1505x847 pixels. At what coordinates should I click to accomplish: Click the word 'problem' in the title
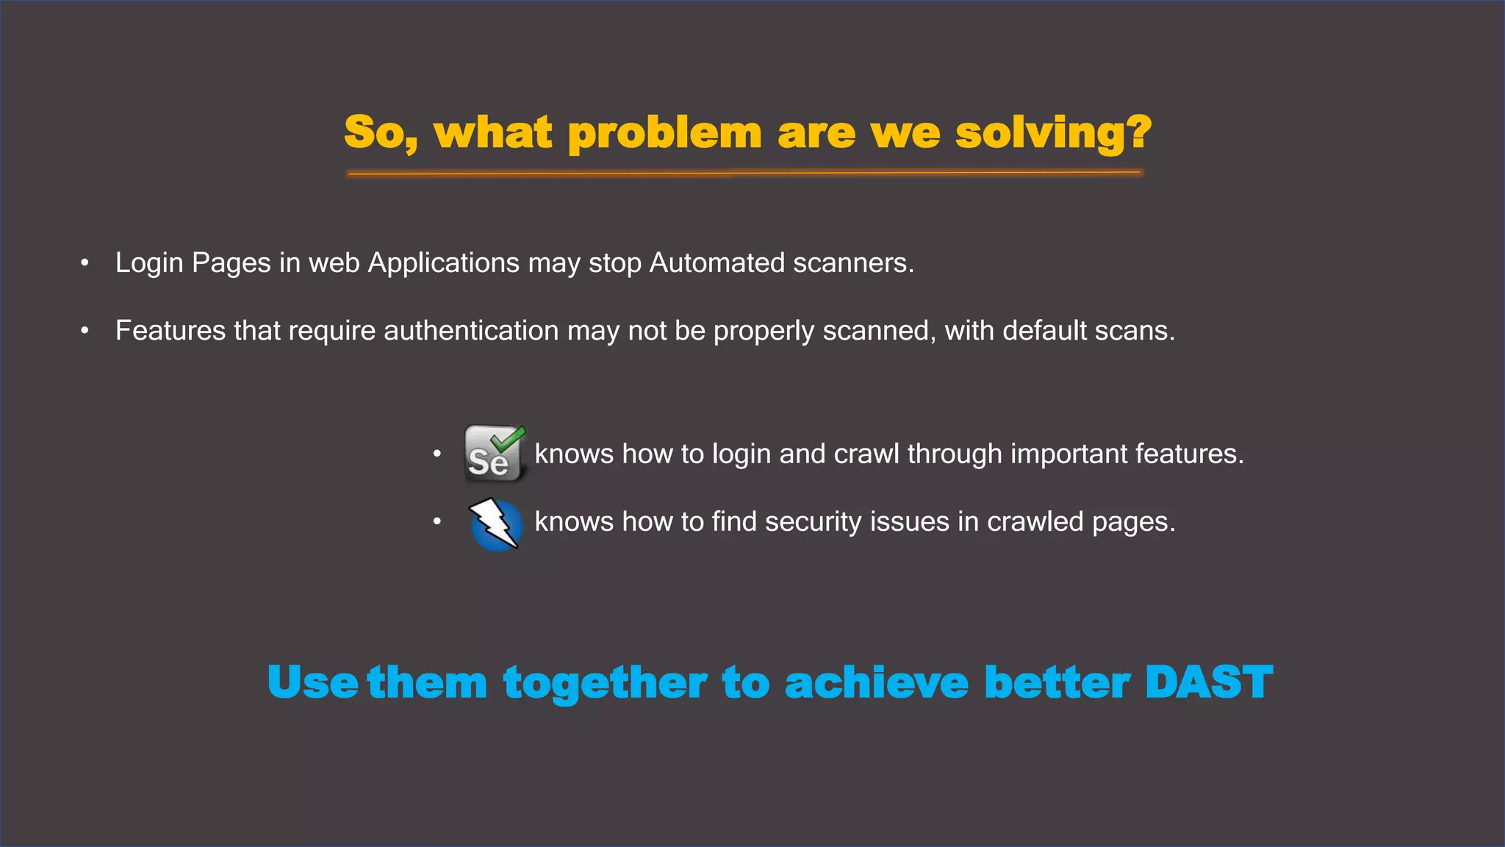pyautogui.click(x=664, y=135)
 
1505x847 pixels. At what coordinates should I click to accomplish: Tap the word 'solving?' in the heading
pyautogui.click(x=1053, y=135)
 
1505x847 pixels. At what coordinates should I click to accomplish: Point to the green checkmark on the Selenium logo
pyautogui.click(x=509, y=438)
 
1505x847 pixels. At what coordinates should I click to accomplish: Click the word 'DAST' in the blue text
pyautogui.click(x=1208, y=682)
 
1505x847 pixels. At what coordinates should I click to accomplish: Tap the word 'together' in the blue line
pyautogui.click(x=605, y=684)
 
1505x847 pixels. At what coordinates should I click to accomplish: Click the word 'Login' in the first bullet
pyautogui.click(x=149, y=263)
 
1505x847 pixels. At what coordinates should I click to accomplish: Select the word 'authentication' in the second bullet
pyautogui.click(x=471, y=331)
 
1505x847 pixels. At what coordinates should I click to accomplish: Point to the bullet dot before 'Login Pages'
pyautogui.click(x=85, y=263)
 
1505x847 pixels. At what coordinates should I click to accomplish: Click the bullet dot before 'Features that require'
pyautogui.click(x=85, y=332)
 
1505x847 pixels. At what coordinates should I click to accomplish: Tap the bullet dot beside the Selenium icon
pyautogui.click(x=437, y=454)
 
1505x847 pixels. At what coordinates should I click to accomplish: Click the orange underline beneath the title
pyautogui.click(x=744, y=174)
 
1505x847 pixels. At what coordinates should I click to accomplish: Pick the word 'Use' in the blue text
pyautogui.click(x=312, y=682)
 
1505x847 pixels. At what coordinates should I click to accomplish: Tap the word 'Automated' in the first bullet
pyautogui.click(x=717, y=263)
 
